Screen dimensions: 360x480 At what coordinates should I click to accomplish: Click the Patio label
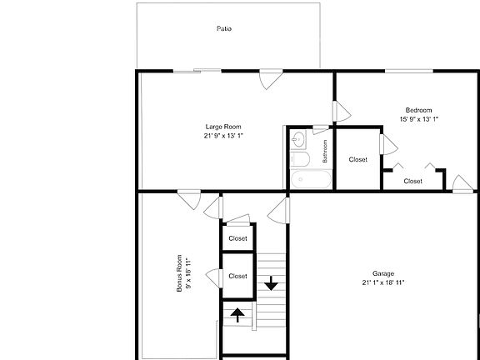223,28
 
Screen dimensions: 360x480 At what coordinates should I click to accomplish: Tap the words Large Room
223,127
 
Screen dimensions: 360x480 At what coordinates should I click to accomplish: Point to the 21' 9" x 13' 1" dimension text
223,135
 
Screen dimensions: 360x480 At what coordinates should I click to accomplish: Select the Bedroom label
418,111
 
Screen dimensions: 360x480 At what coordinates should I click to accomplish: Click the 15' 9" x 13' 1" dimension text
418,119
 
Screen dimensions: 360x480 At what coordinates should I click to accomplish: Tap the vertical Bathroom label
325,150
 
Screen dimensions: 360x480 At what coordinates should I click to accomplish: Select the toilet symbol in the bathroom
301,158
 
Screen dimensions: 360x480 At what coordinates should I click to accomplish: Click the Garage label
383,273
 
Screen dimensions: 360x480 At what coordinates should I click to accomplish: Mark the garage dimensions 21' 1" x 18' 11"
383,282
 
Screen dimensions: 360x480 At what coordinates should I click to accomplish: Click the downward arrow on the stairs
271,284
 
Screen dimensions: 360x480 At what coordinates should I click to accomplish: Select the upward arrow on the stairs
237,314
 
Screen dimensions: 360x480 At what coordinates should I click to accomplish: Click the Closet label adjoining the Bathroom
358,159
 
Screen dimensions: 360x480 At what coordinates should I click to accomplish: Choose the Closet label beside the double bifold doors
412,181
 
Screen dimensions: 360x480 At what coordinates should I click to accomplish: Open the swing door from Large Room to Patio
268,80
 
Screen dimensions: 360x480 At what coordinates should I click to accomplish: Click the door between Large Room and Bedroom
340,112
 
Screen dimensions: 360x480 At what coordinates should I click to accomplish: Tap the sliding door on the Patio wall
197,72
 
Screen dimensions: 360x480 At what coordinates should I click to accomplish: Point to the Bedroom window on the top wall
412,72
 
